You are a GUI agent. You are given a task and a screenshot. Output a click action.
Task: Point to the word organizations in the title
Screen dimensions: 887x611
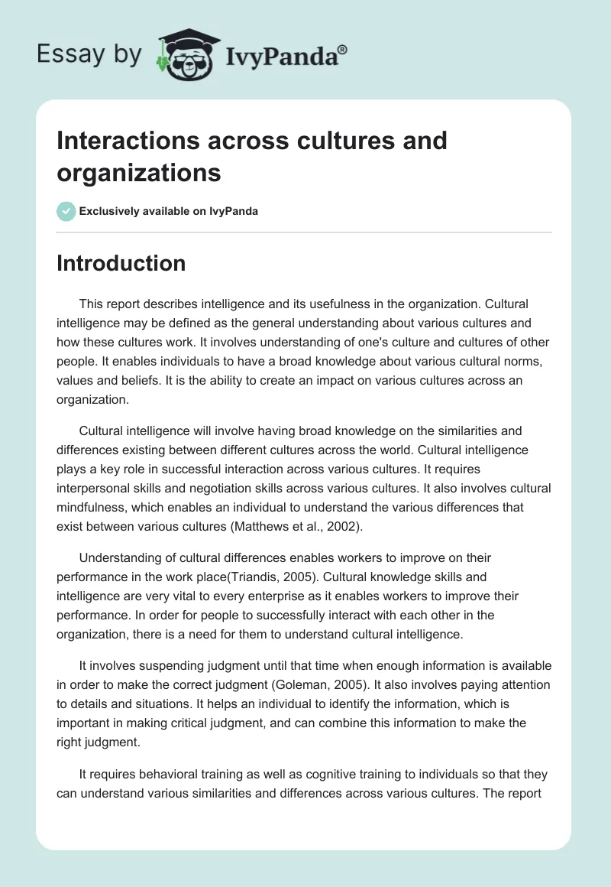(x=139, y=172)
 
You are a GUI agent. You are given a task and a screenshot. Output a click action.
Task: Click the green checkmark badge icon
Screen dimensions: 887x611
(x=66, y=211)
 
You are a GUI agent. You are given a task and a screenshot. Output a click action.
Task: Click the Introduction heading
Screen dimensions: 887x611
(x=121, y=263)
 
